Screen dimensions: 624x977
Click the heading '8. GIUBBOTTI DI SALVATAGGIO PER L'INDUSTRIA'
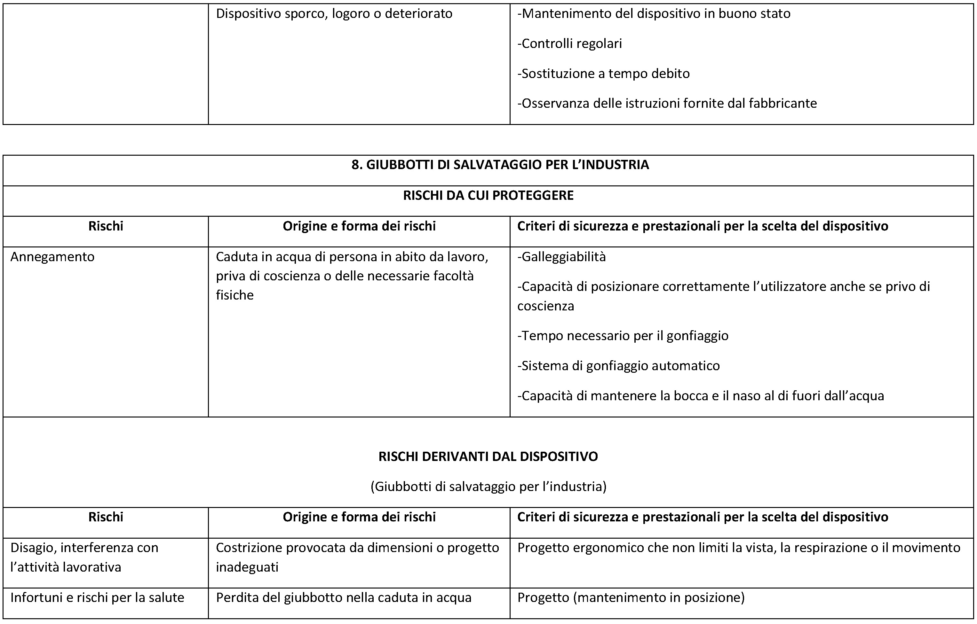coord(500,165)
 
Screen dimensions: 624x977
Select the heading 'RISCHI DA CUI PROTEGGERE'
coord(488,195)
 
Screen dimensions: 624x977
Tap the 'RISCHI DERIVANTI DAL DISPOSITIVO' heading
coord(488,456)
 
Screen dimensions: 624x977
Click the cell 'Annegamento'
coord(52,257)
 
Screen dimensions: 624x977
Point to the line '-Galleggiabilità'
coord(561,257)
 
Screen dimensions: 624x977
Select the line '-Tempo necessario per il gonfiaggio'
coord(623,336)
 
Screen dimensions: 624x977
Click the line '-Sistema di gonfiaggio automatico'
coord(618,366)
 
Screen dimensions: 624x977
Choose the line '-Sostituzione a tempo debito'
coord(603,74)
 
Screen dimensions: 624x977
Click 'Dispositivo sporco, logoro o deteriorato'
coord(334,14)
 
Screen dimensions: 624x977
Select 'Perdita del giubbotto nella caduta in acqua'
coord(343,598)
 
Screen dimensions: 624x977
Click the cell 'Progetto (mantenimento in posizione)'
coord(631,598)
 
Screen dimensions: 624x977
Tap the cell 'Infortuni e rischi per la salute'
coord(97,598)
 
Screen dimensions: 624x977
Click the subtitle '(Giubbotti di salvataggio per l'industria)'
coord(488,487)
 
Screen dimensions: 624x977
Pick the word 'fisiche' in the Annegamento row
coord(234,295)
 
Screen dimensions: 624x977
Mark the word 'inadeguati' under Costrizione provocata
coord(247,567)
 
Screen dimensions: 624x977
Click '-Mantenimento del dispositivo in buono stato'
coord(654,14)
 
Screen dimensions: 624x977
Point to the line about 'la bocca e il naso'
coord(700,396)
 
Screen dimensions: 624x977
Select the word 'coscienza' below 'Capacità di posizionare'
coord(545,306)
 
